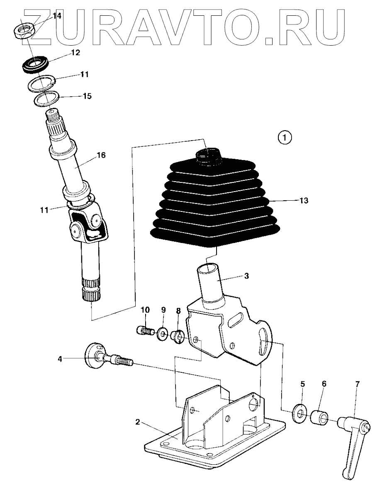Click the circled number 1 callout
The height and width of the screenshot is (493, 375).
(285, 137)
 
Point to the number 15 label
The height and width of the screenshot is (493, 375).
(87, 96)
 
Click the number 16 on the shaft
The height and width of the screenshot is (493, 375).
(101, 155)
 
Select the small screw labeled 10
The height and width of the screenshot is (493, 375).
(144, 331)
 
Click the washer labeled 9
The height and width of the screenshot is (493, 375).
(161, 333)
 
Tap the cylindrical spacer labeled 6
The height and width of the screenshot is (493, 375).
(319, 416)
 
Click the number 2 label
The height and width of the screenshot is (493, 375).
(137, 423)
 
